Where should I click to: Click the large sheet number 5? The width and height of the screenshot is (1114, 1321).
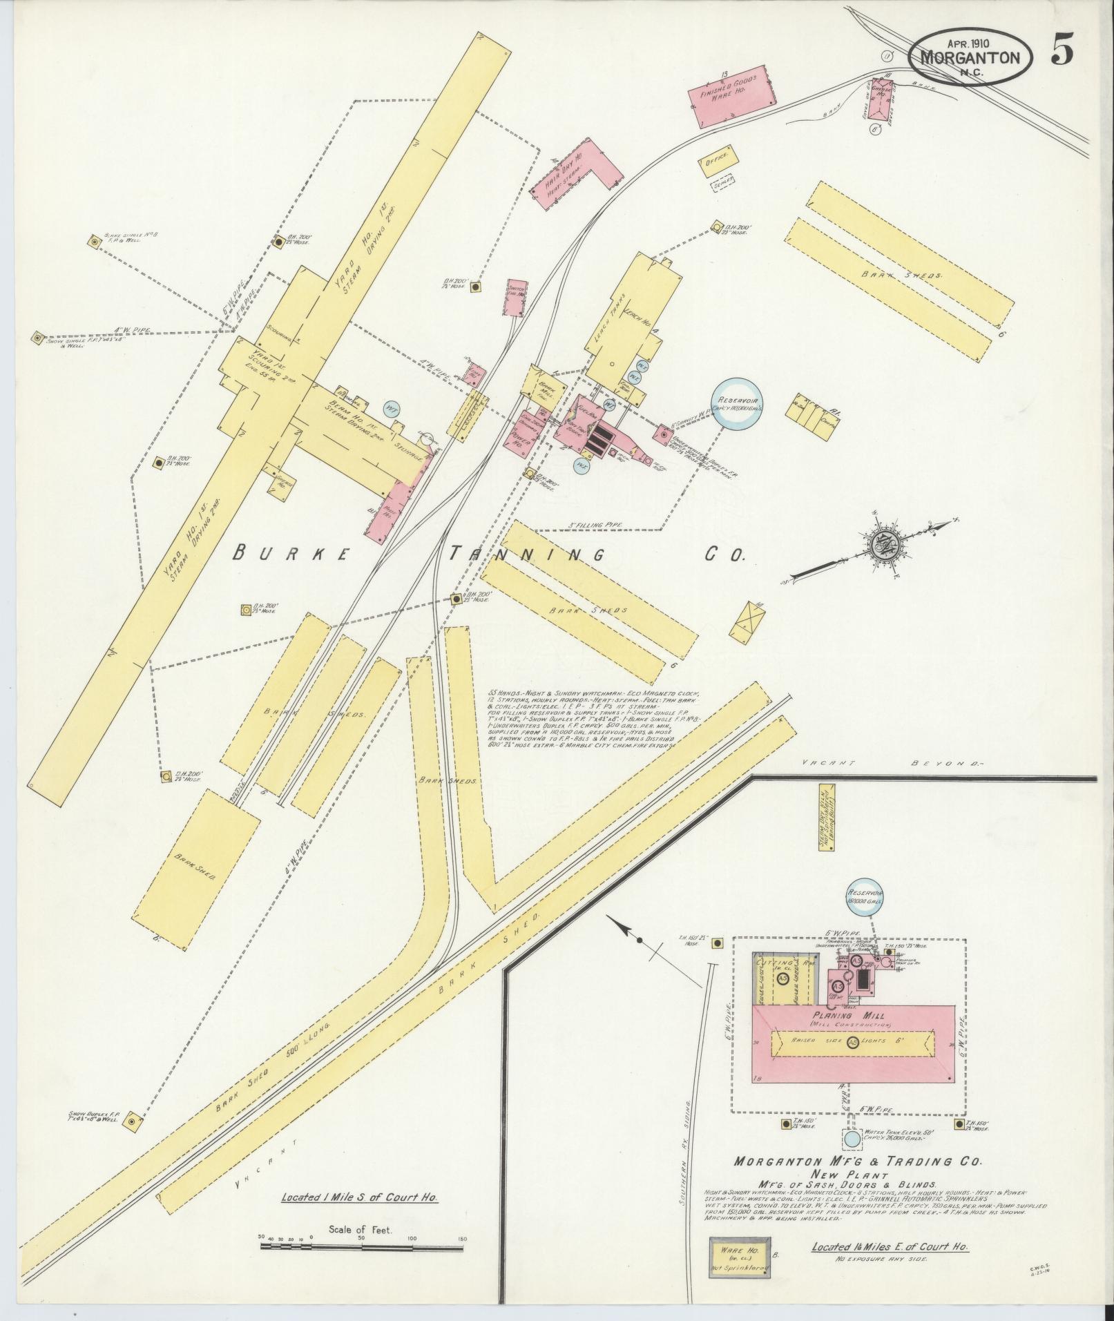pos(1063,50)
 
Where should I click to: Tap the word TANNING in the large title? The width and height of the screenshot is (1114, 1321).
pos(528,555)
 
